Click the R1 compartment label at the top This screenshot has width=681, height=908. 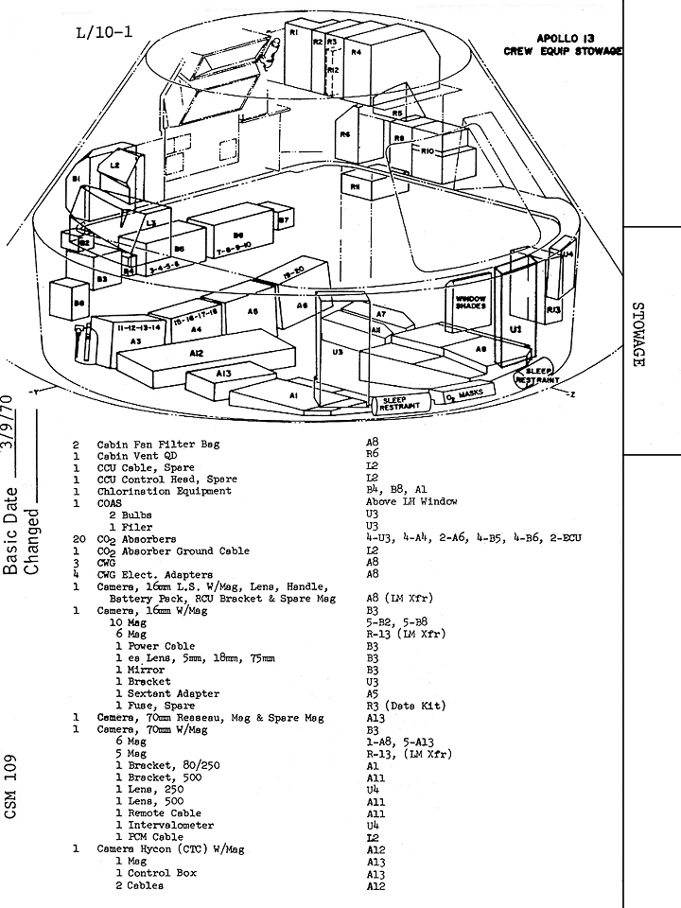(x=294, y=33)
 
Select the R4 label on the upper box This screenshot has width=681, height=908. (x=357, y=52)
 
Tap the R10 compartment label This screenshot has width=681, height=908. (x=428, y=151)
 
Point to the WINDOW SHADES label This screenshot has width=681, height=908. (x=470, y=302)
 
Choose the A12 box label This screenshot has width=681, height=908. (x=196, y=353)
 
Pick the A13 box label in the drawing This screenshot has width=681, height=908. (x=224, y=375)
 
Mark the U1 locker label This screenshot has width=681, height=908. (x=515, y=328)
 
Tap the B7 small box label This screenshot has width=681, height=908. (x=283, y=219)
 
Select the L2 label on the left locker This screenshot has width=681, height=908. (x=114, y=165)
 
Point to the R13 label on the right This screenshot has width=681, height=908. (x=553, y=309)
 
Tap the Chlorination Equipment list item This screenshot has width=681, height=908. (x=165, y=491)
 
